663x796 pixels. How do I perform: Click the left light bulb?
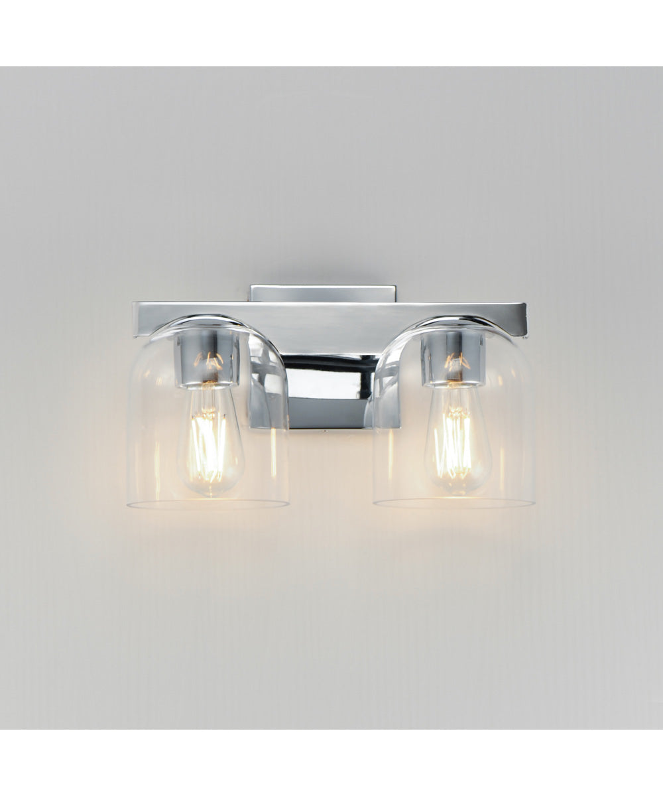(x=211, y=441)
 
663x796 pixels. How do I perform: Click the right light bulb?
(x=457, y=441)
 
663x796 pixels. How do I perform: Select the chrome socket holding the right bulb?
(x=453, y=358)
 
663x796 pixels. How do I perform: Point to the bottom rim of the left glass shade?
(x=208, y=504)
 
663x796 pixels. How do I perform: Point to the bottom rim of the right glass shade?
(x=453, y=503)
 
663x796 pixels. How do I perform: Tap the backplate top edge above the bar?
(x=323, y=288)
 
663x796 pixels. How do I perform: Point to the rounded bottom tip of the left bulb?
(x=211, y=492)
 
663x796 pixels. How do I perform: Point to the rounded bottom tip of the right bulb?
(x=457, y=492)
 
